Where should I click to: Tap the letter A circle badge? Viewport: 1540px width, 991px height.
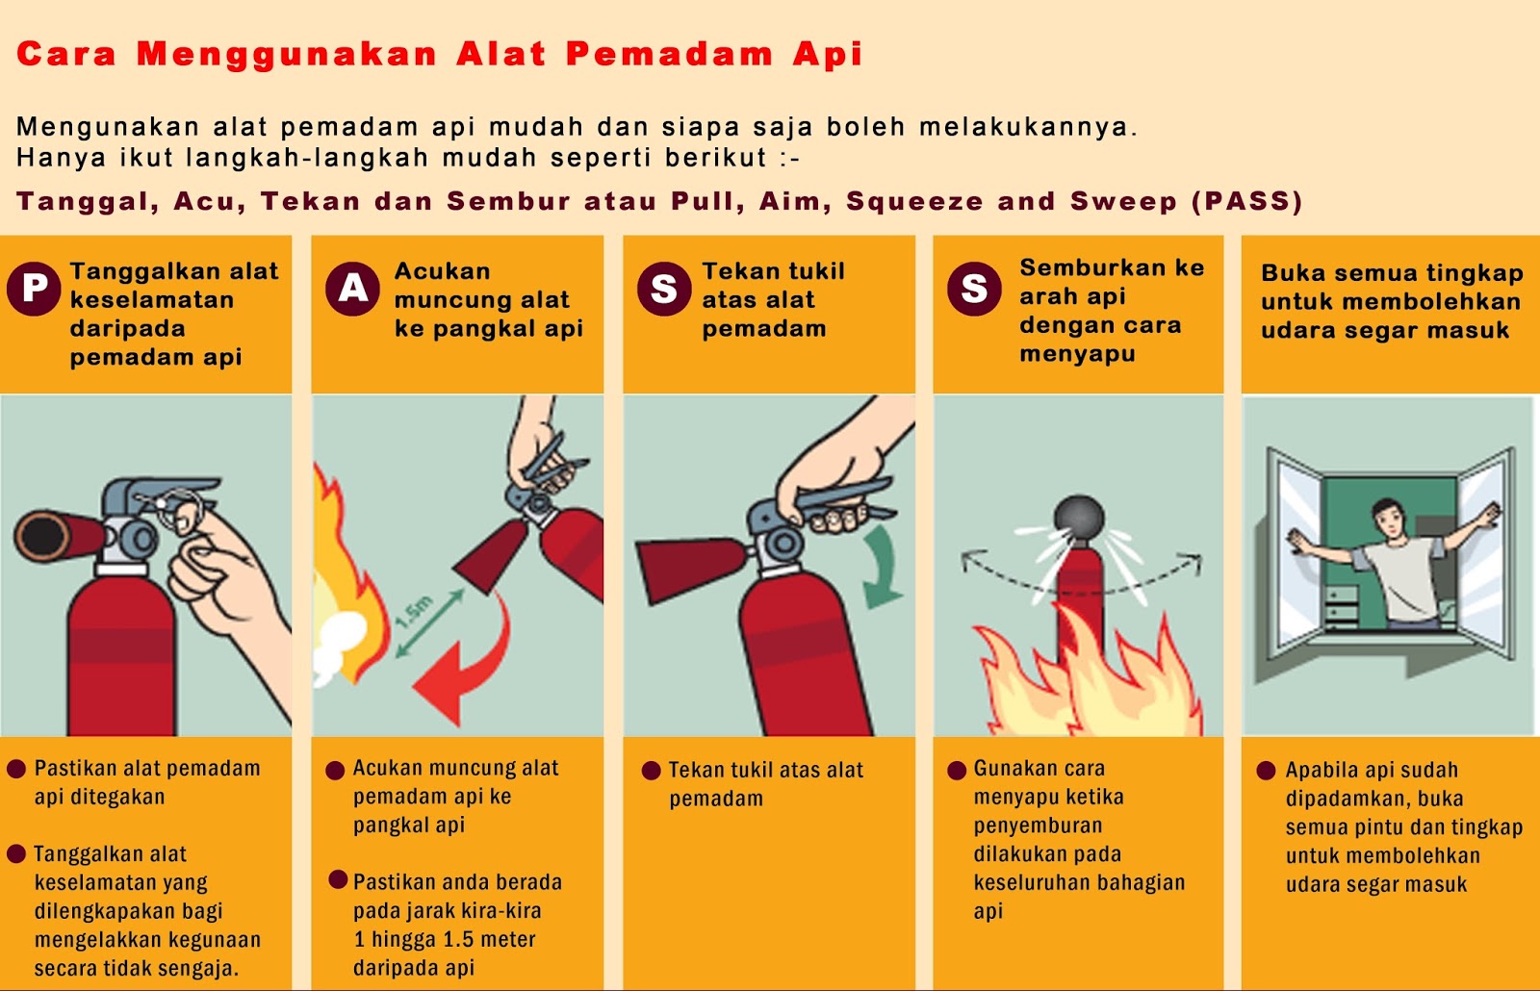click(x=352, y=289)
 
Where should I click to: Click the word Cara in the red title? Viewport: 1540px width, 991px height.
click(x=66, y=54)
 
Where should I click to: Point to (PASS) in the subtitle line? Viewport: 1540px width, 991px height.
click(x=1247, y=201)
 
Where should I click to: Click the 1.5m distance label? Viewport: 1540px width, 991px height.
click(x=415, y=612)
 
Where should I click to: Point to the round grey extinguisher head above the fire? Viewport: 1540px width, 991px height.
click(x=1079, y=519)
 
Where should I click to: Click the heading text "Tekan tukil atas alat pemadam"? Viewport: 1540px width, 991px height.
click(x=773, y=299)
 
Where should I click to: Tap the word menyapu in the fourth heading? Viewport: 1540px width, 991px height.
click(x=1077, y=354)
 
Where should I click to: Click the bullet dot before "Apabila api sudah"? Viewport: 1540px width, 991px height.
click(x=1266, y=771)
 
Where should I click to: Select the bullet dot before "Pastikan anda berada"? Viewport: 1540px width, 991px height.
click(x=338, y=879)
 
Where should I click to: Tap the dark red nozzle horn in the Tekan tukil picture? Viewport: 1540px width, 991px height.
click(x=691, y=569)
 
